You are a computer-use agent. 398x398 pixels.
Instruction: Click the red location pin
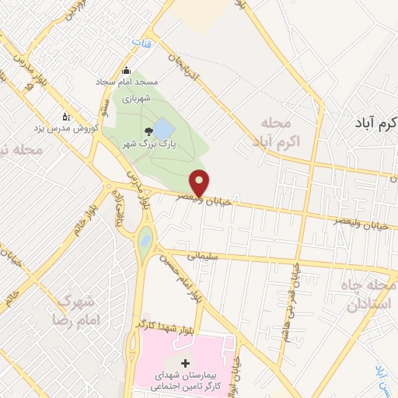pyautogui.click(x=201, y=182)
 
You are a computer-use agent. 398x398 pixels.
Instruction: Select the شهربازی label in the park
pyautogui.click(x=133, y=99)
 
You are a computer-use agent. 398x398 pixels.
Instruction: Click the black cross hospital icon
pyautogui.click(x=185, y=363)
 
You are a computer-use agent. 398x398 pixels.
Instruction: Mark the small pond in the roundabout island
pyautogui.click(x=144, y=243)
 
